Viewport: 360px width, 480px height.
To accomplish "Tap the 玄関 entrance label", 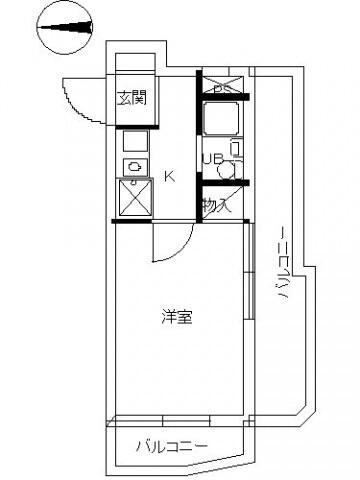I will [130, 97].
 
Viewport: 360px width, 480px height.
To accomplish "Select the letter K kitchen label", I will [169, 177].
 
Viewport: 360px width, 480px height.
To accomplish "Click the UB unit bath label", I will [211, 158].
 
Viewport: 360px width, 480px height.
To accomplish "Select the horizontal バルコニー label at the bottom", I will [171, 445].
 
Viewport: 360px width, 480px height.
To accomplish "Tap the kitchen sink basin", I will [134, 166].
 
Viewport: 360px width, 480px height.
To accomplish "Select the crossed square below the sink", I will [134, 197].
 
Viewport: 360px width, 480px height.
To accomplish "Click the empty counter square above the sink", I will [134, 141].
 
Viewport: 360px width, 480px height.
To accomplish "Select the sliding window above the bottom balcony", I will [175, 417].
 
